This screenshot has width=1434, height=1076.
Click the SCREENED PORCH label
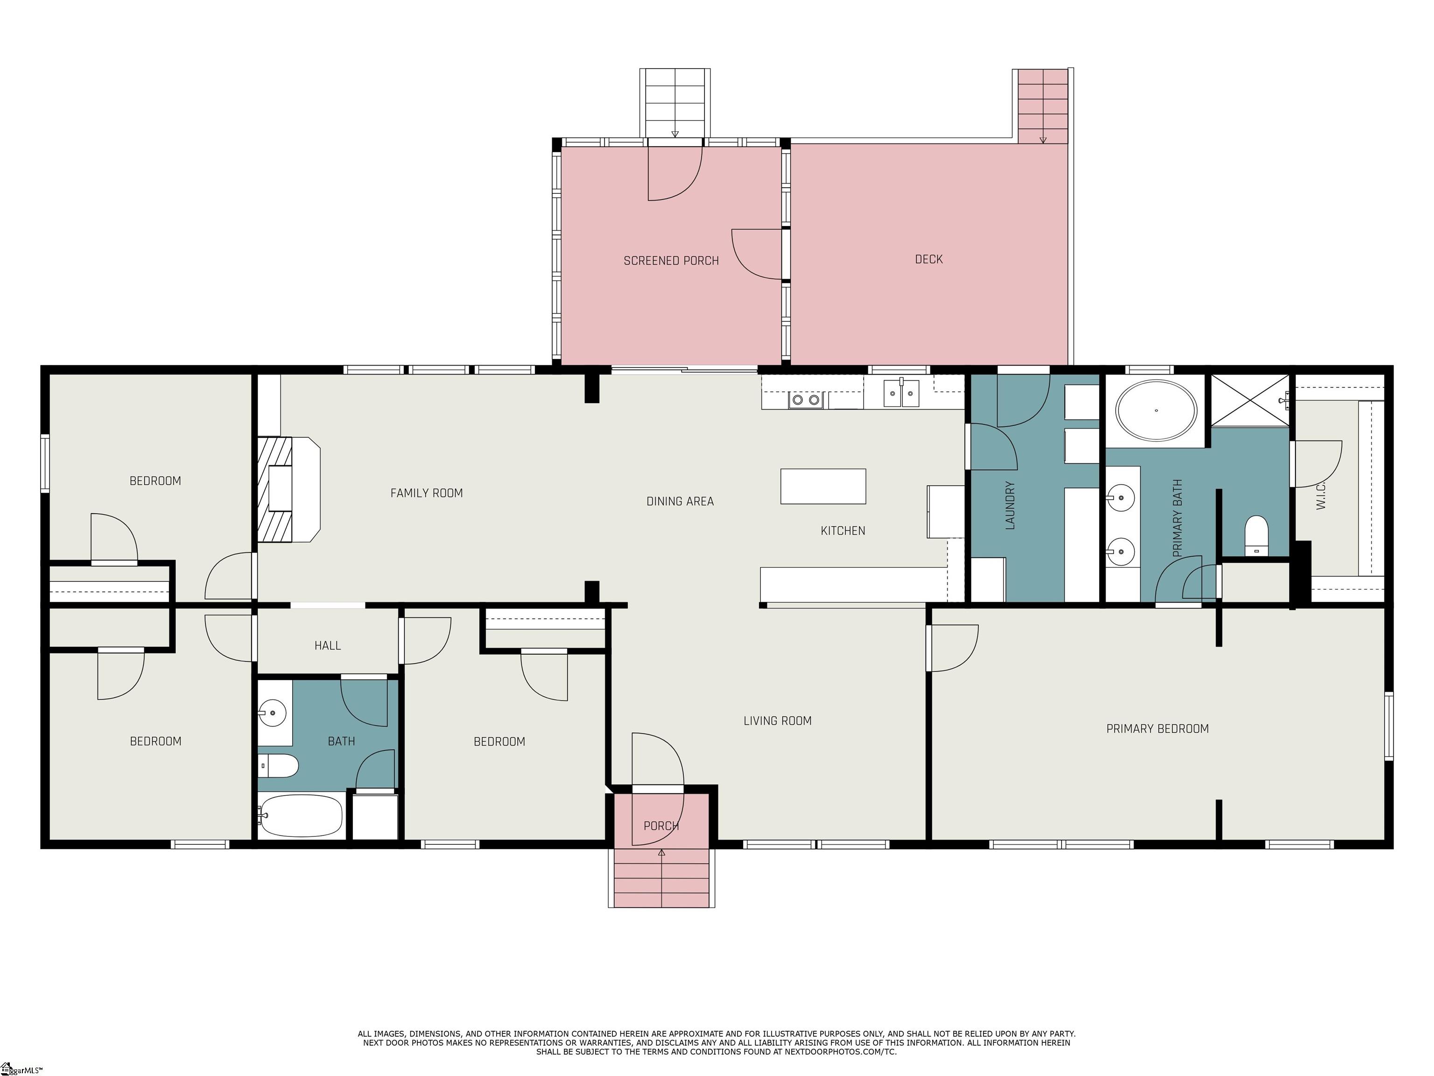(671, 261)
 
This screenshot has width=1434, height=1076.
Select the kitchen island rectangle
(822, 487)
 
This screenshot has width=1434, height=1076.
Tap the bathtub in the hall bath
(300, 816)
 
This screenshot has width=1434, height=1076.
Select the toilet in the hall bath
(278, 766)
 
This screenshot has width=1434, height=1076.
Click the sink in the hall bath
(273, 713)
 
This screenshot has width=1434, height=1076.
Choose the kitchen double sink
(901, 394)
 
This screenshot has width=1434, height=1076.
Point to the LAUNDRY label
(1009, 505)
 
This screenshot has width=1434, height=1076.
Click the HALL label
(327, 645)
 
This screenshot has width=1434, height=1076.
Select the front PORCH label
(661, 826)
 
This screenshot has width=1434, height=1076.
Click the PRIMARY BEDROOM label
(1157, 729)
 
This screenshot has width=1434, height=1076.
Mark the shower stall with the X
(1250, 400)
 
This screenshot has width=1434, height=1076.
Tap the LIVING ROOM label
(777, 721)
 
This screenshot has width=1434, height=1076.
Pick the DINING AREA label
(680, 502)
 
